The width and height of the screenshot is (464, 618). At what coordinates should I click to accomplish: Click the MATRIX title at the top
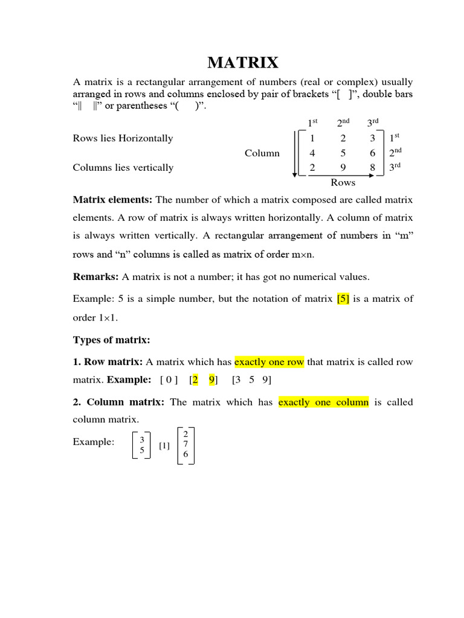[x=243, y=63]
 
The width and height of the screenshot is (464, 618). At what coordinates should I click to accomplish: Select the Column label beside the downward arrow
[x=262, y=153]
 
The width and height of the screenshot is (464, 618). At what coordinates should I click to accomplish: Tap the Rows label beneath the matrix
[x=343, y=182]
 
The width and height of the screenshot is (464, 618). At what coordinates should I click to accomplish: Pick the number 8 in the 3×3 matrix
[x=373, y=168]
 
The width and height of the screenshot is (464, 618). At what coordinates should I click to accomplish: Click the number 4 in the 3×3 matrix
[x=312, y=153]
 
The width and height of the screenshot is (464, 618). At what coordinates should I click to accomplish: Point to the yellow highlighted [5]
[x=343, y=299]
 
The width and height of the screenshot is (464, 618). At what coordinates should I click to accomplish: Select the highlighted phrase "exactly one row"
[x=269, y=362]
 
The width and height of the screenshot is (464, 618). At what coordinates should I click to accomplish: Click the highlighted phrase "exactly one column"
[x=323, y=402]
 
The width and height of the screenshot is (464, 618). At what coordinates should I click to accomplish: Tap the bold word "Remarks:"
[x=96, y=276]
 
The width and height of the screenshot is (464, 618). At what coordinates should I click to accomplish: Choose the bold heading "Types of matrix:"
[x=111, y=340]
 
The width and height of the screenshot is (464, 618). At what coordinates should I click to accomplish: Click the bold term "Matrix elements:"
[x=113, y=200]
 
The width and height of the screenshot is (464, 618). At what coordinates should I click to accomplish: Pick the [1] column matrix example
[x=164, y=446]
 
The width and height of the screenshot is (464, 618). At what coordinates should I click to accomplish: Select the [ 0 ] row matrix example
[x=169, y=380]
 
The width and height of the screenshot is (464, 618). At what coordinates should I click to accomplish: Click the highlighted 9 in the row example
[x=211, y=380]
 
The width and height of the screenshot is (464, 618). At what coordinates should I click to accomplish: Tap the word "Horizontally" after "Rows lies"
[x=146, y=138]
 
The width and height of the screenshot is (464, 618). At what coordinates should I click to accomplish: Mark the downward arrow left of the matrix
[x=295, y=153]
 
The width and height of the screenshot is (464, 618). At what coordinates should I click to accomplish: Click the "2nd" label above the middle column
[x=343, y=123]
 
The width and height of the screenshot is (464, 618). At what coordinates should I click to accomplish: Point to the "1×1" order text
[x=87, y=318]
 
